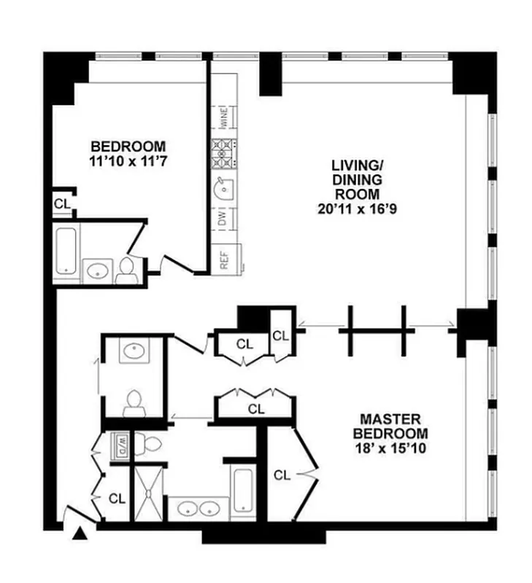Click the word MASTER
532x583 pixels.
pyautogui.click(x=390, y=419)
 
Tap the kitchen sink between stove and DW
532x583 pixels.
pyautogui.click(x=224, y=189)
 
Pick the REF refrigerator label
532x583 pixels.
pyautogui.click(x=225, y=261)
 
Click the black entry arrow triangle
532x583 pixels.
pyautogui.click(x=81, y=536)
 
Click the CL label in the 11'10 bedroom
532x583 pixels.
pyautogui.click(x=62, y=205)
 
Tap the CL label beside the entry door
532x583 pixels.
pyautogui.click(x=117, y=498)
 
